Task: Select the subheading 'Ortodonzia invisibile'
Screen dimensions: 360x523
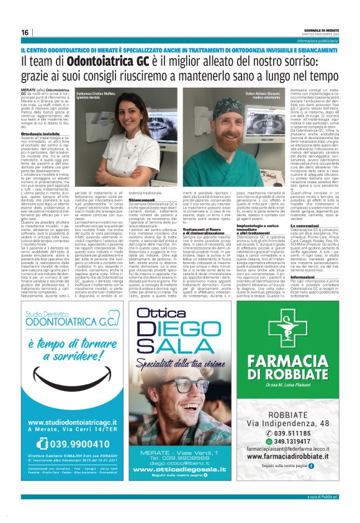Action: [38, 134]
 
